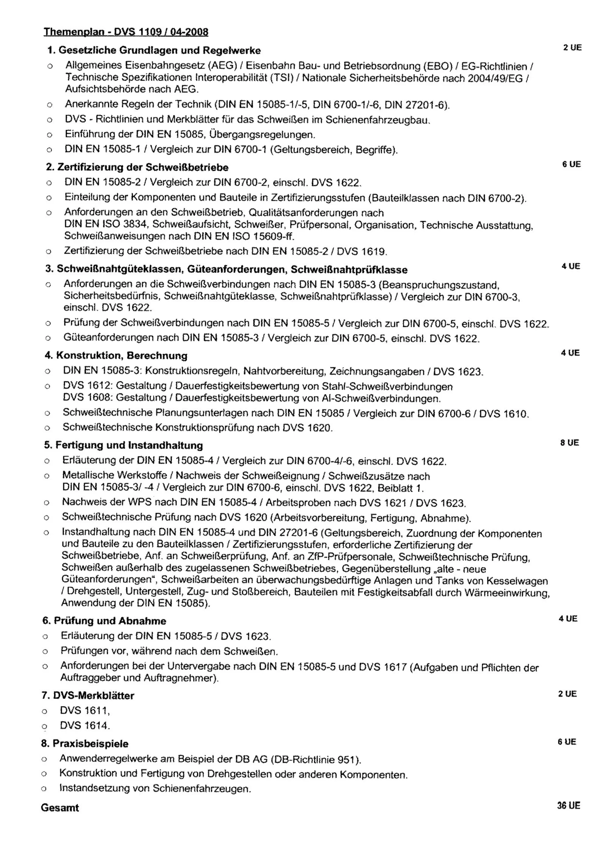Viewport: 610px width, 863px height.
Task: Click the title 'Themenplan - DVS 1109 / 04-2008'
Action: (x=126, y=32)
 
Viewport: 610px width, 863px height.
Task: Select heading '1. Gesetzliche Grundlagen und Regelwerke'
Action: (x=154, y=50)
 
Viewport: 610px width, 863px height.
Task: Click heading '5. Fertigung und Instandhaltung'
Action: (x=124, y=445)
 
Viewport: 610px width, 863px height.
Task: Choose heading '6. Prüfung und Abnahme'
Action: (x=104, y=621)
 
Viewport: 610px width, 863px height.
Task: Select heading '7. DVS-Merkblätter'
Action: (x=88, y=695)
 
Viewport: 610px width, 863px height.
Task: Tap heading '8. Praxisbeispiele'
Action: (x=85, y=743)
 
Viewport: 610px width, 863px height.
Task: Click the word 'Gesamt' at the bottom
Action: (x=60, y=808)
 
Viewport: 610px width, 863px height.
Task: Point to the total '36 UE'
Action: (x=569, y=805)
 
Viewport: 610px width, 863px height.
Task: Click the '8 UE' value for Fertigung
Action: (x=570, y=443)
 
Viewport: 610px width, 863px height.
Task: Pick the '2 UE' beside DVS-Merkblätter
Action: (x=568, y=694)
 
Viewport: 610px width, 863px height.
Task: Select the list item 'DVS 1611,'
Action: (x=85, y=710)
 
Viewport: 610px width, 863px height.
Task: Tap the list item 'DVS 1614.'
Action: (x=85, y=725)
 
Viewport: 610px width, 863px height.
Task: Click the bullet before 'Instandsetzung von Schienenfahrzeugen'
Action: (x=44, y=788)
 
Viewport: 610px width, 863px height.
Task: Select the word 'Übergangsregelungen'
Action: (x=262, y=134)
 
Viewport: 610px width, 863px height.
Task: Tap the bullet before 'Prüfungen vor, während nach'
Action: (x=45, y=651)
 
